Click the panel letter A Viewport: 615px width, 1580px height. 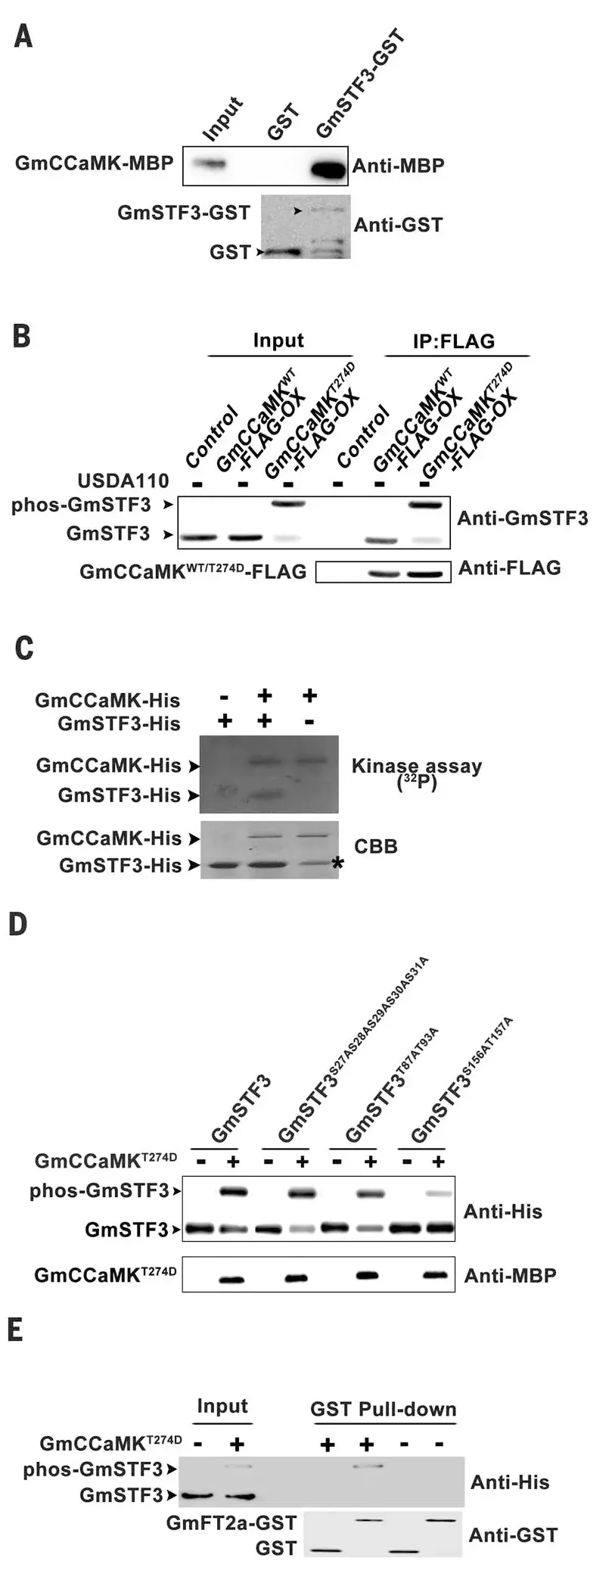coord(23,35)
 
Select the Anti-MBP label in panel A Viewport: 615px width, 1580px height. coord(398,166)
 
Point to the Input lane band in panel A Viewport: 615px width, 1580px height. coord(210,163)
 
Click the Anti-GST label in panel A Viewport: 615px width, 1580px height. coord(398,225)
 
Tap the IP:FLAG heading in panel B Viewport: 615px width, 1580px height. coord(453,341)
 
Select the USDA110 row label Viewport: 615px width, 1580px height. coord(123,481)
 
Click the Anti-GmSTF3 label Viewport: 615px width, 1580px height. coord(522,518)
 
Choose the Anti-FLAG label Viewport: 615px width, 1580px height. coord(510,568)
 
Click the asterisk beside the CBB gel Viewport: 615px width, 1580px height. coord(337,863)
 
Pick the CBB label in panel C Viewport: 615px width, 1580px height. coord(375,846)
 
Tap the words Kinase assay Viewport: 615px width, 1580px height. coord(416,766)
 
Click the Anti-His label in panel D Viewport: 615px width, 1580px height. coord(502,1211)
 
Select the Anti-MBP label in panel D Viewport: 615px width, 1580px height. coord(510,1276)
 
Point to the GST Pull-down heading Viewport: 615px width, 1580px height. coord(383,1410)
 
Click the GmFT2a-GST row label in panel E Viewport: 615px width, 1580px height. coord(231,1522)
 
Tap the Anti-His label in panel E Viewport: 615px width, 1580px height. coord(509,1482)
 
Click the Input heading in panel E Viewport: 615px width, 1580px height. coord(222,1406)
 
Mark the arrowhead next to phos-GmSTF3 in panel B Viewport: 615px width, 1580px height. coord(169,504)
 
